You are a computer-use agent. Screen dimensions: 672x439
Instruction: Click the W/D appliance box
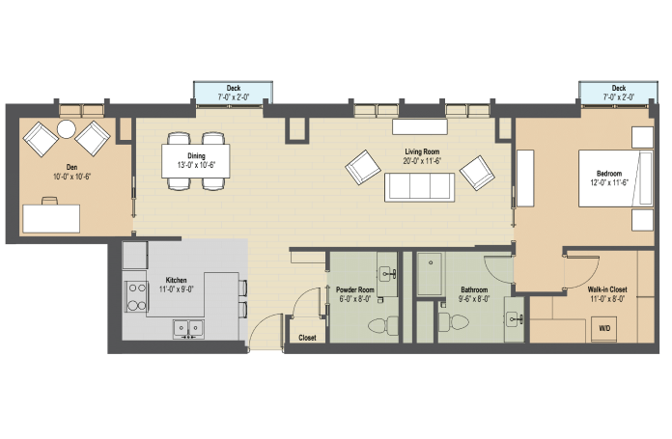pyautogui.click(x=604, y=329)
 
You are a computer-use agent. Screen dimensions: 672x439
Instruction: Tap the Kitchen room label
pyautogui.click(x=176, y=280)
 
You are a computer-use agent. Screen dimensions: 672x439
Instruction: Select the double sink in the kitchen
pyautogui.click(x=188, y=329)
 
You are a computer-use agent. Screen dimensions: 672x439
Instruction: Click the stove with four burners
pyautogui.click(x=137, y=296)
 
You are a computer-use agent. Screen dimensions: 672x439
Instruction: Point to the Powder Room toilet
pyautogui.click(x=383, y=325)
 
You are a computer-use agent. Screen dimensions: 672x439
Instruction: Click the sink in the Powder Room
pyautogui.click(x=388, y=273)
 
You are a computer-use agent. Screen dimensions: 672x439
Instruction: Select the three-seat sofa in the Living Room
pyautogui.click(x=419, y=187)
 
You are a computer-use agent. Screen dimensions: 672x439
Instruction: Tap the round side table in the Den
pyautogui.click(x=67, y=129)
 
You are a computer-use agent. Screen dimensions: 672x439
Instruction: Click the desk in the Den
pyautogui.click(x=51, y=218)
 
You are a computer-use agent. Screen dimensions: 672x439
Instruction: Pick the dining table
pyautogui.click(x=195, y=161)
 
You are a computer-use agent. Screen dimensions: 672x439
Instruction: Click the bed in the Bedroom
pyautogui.click(x=616, y=178)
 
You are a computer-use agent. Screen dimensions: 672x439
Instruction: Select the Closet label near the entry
pyautogui.click(x=307, y=338)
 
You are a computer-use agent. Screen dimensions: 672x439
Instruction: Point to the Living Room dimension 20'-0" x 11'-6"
pyautogui.click(x=422, y=161)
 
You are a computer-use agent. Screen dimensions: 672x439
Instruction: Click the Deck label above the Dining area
pyautogui.click(x=233, y=88)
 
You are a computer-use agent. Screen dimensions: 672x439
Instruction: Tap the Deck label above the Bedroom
pyautogui.click(x=619, y=88)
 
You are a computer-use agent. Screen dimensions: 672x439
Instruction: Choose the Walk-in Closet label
pyautogui.click(x=607, y=289)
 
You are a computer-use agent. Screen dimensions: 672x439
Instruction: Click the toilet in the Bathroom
pyautogui.click(x=454, y=322)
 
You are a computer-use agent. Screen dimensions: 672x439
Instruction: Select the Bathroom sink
pyautogui.click(x=515, y=319)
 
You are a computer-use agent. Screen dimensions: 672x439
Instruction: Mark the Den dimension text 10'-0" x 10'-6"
pyautogui.click(x=72, y=177)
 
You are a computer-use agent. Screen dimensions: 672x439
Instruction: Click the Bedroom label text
pyautogui.click(x=609, y=174)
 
